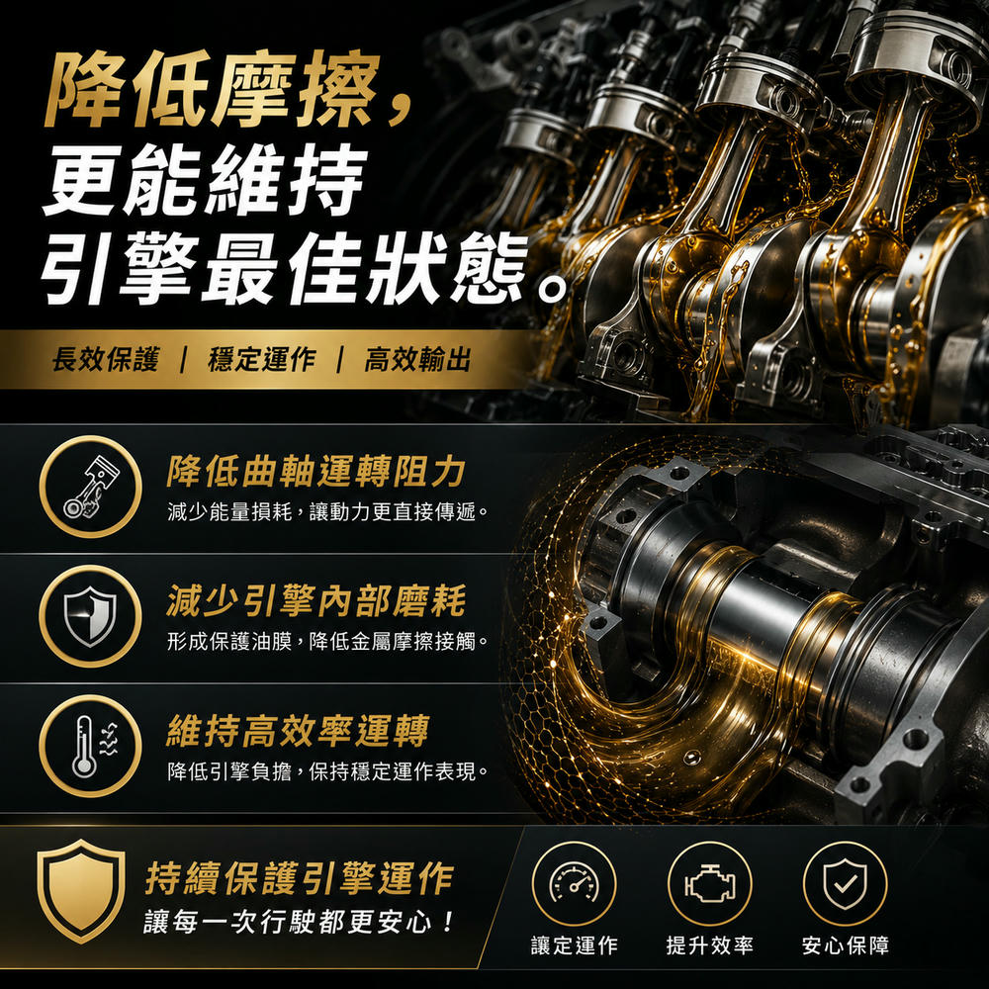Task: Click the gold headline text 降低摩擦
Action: (212, 90)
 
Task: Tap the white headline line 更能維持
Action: (205, 179)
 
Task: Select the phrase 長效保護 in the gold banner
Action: (105, 360)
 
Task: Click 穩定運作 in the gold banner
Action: (261, 360)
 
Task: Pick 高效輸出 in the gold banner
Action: (417, 360)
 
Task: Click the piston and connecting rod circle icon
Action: (90, 487)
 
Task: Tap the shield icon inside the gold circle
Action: (90, 616)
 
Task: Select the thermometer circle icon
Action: (90, 746)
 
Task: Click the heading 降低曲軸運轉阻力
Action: (316, 472)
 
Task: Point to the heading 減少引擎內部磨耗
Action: (316, 600)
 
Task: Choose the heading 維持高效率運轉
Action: (298, 731)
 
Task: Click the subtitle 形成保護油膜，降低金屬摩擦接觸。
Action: (328, 642)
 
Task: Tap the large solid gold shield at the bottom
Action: (81, 891)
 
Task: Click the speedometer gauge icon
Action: (574, 883)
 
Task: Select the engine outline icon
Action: (709, 883)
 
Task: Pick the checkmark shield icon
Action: (846, 883)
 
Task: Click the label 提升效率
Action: (709, 945)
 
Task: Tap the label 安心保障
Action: (846, 945)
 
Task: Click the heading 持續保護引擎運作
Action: (300, 878)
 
